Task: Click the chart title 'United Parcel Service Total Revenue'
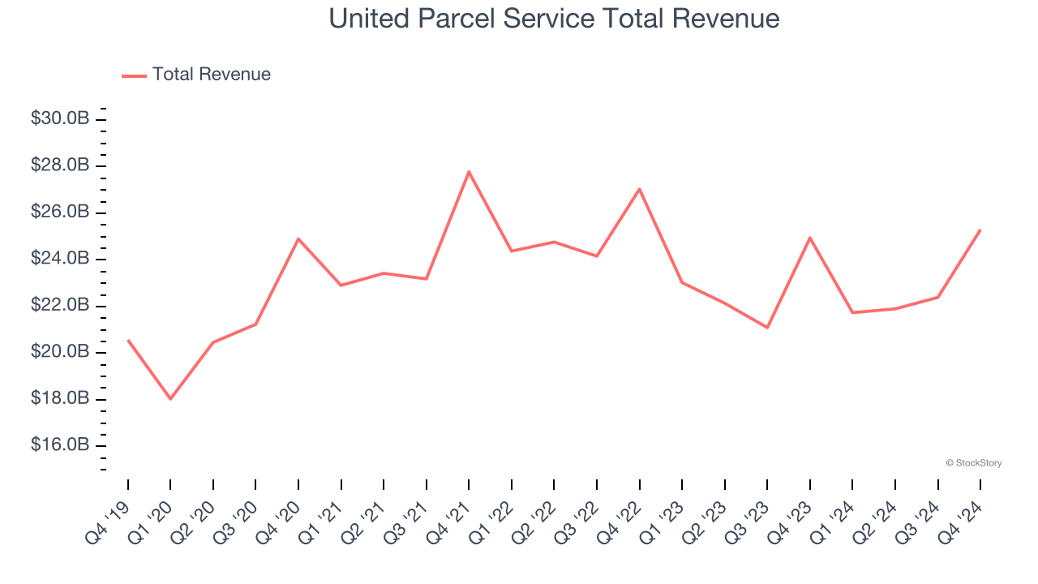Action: [554, 19]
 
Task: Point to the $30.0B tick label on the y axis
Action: [60, 119]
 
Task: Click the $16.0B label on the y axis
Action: [60, 445]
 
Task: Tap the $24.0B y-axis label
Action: [60, 259]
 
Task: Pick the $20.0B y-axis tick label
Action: [60, 352]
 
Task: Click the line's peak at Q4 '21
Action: [469, 172]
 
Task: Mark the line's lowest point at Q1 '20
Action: [170, 399]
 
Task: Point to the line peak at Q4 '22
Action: [640, 189]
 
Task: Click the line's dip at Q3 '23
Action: [767, 328]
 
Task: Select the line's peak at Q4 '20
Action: [298, 239]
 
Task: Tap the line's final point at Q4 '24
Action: [980, 230]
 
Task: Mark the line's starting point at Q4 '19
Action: [128, 341]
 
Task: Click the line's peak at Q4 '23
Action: [810, 238]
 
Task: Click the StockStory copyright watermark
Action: [973, 463]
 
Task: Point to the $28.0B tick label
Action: [60, 165]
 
